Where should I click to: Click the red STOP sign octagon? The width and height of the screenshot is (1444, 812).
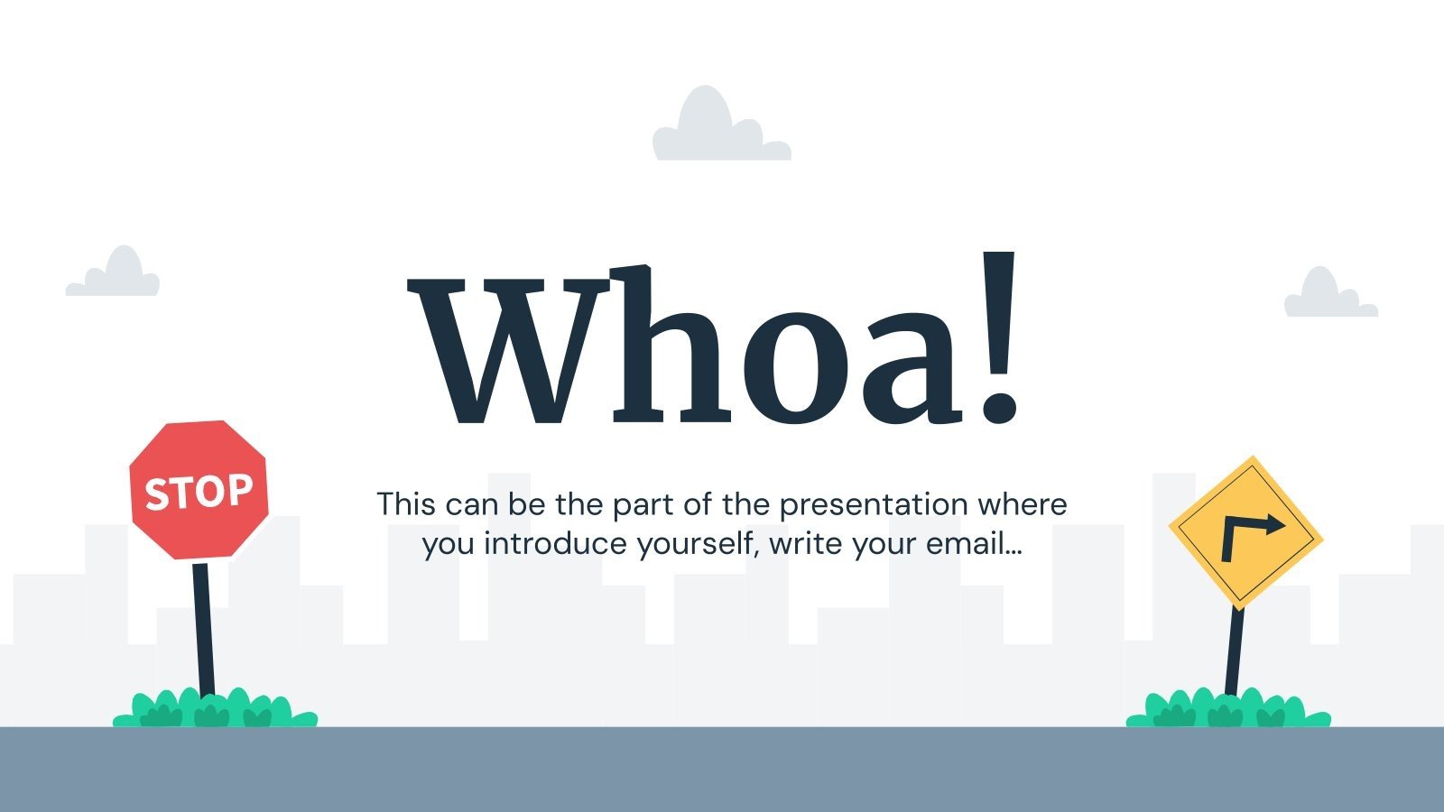199,490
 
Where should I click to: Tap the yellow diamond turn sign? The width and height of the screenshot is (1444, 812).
1245,532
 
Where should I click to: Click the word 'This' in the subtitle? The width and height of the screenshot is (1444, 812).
406,503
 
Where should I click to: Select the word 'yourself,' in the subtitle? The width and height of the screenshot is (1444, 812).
699,544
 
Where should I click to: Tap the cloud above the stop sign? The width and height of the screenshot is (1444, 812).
114,274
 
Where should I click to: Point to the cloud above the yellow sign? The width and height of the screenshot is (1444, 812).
1329,295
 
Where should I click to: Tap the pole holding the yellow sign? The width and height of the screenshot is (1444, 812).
1234,650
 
